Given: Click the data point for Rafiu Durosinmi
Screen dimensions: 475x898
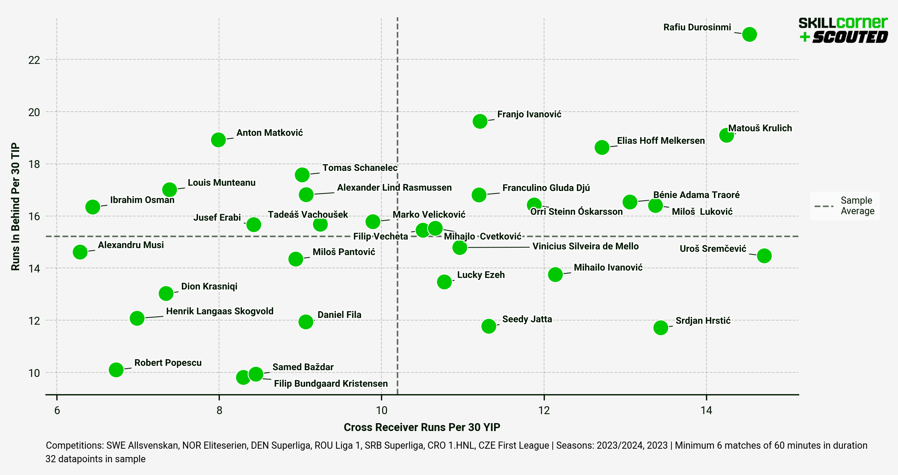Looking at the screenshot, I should (x=749, y=34).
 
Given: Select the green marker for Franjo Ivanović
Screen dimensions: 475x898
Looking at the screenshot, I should (x=480, y=121).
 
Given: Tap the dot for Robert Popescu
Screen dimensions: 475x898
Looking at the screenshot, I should (x=116, y=369).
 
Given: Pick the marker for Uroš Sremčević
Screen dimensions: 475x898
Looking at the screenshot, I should (x=764, y=256).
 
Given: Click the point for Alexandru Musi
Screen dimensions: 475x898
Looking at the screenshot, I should (x=80, y=252).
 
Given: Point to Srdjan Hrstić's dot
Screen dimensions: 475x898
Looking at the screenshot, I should (x=661, y=327).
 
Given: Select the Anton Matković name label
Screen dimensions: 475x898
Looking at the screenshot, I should (x=269, y=133).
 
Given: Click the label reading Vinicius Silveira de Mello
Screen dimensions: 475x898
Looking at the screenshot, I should (x=585, y=246).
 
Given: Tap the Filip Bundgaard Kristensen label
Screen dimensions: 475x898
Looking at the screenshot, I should (x=331, y=383).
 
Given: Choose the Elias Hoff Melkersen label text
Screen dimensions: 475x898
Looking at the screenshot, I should (x=661, y=141).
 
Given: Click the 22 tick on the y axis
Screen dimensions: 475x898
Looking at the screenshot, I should (x=34, y=60).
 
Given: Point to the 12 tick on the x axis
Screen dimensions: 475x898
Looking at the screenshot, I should (x=544, y=410).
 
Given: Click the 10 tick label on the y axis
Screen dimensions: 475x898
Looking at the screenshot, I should (x=34, y=373).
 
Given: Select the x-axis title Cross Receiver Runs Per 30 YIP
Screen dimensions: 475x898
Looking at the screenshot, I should (x=422, y=427).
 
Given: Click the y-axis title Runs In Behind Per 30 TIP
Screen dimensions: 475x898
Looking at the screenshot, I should (x=15, y=207).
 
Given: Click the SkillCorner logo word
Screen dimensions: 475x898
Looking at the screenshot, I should (x=843, y=23).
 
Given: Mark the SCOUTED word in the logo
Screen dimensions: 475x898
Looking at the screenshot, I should (x=850, y=37).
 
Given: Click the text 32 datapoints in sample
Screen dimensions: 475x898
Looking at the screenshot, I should (x=95, y=459).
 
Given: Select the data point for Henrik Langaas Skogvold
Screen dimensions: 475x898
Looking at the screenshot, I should (x=137, y=318).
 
